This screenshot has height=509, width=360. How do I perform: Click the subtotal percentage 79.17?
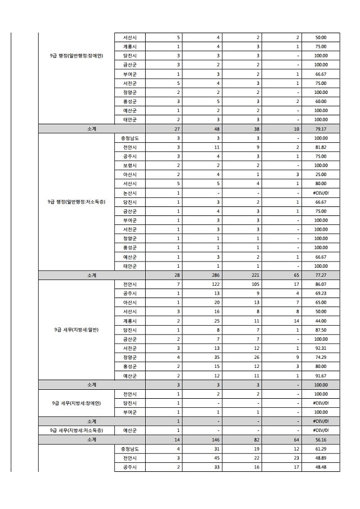pyautogui.click(x=321, y=129)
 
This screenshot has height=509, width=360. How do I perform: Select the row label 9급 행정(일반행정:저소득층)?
pyautogui.click(x=76, y=202)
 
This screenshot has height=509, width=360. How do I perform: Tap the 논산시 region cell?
pyautogui.click(x=129, y=193)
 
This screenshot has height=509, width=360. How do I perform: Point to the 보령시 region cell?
pyautogui.click(x=129, y=165)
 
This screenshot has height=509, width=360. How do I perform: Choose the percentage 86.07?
pyautogui.click(x=321, y=285)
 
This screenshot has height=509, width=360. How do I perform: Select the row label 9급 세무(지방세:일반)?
pyautogui.click(x=76, y=330)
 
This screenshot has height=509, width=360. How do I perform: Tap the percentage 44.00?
pyautogui.click(x=321, y=321)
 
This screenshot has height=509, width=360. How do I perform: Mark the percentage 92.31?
pyautogui.click(x=321, y=349)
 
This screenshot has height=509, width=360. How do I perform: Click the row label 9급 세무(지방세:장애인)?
pyautogui.click(x=76, y=403)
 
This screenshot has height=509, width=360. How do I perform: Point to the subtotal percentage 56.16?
pyautogui.click(x=321, y=440)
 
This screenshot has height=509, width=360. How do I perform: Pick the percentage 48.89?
pyautogui.click(x=321, y=458)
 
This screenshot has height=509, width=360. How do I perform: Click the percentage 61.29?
pyautogui.click(x=321, y=449)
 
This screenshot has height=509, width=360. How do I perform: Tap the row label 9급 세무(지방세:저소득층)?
pyautogui.click(x=76, y=431)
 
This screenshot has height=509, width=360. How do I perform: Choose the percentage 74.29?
pyautogui.click(x=321, y=358)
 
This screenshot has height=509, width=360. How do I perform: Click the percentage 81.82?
pyautogui.click(x=321, y=147)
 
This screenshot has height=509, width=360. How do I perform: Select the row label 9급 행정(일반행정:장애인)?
pyautogui.click(x=76, y=56)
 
